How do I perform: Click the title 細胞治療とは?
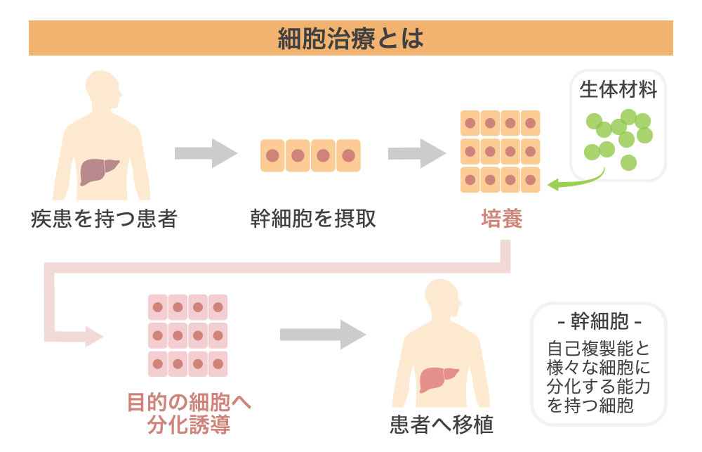click(x=351, y=38)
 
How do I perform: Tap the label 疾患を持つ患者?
click(x=103, y=219)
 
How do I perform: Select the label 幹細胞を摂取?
click(x=313, y=219)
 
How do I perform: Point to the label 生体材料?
click(x=618, y=91)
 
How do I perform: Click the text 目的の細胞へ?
click(x=189, y=403)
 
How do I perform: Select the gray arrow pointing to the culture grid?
click(x=418, y=153)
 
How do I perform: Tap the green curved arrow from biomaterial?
click(x=576, y=181)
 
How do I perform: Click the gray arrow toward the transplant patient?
click(x=323, y=334)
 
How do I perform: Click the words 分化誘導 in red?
click(x=189, y=425)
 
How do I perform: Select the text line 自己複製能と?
click(x=599, y=349)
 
